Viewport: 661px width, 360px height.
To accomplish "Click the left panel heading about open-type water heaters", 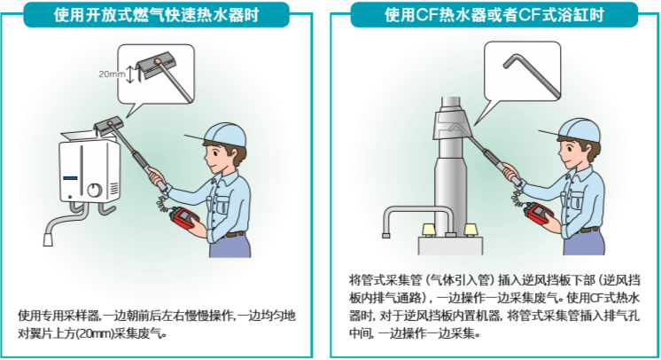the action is (x=156, y=15).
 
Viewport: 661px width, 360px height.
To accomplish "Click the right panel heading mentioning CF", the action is (x=494, y=15).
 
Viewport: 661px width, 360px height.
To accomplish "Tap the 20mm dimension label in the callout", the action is (x=112, y=74).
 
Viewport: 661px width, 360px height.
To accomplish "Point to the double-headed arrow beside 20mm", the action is (x=130, y=74).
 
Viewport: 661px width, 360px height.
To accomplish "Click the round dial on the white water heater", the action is (x=95, y=190).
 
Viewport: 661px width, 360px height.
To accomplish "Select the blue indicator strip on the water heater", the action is (x=70, y=178).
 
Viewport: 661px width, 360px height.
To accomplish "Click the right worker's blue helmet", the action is (x=579, y=130).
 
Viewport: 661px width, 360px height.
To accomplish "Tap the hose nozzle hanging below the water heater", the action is (x=48, y=239).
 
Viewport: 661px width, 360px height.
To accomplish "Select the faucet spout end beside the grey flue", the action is (x=386, y=235).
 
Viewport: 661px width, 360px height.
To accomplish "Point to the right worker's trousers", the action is (x=584, y=243).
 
